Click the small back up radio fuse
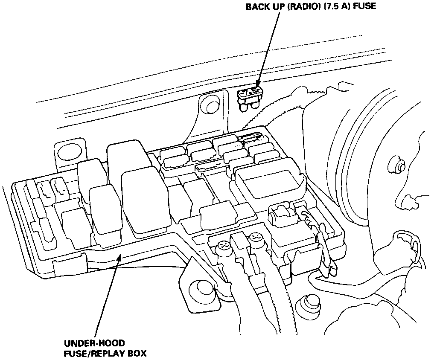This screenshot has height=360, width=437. click(250, 98)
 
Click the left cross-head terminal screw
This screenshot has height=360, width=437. click(223, 246)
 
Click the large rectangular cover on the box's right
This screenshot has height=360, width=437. click(270, 181)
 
